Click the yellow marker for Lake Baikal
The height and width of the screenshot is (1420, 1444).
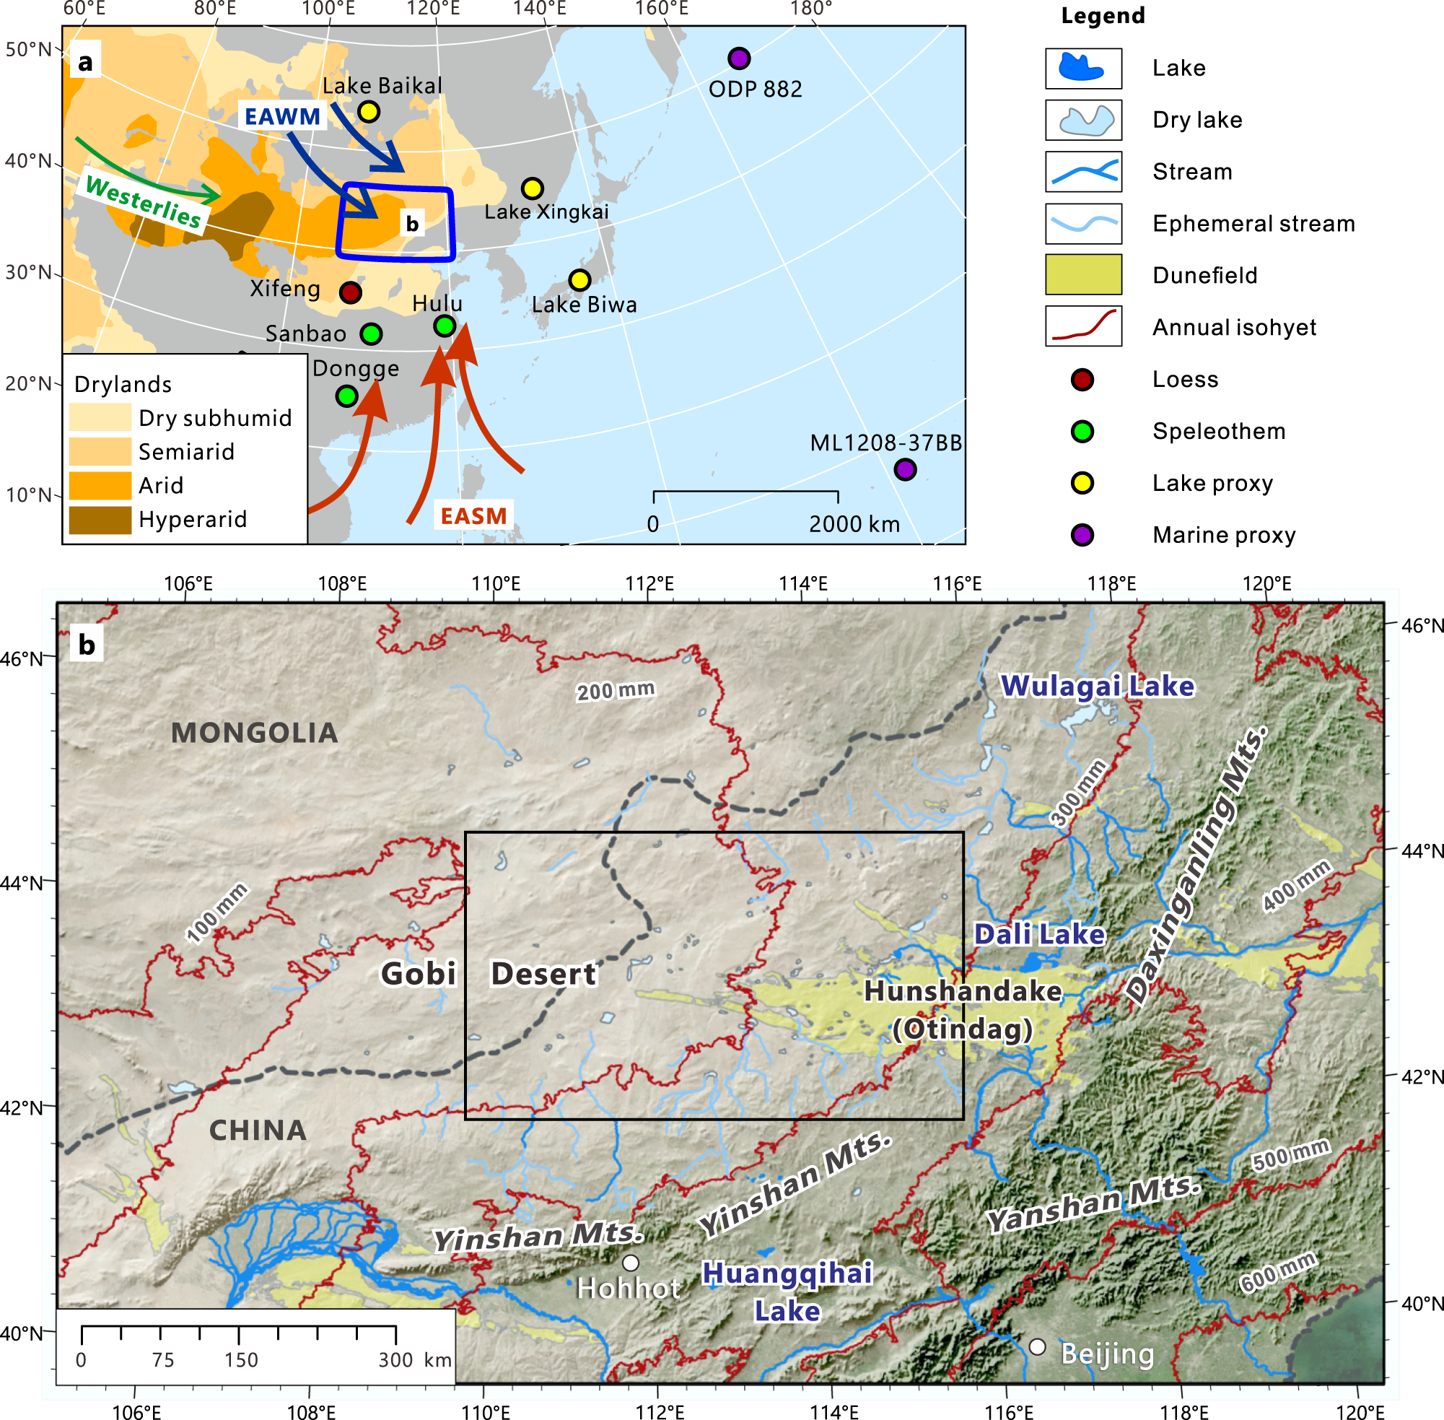pos(368,112)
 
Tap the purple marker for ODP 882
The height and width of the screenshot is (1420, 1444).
pos(738,58)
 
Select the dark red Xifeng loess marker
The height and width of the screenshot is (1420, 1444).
pos(351,292)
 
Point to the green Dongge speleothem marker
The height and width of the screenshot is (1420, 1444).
pos(346,396)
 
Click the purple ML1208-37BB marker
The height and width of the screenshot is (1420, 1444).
pos(904,470)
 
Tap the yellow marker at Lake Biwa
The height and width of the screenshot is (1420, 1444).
pos(579,280)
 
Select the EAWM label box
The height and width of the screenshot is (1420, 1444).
pos(283,116)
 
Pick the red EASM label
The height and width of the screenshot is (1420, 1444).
pos(473,516)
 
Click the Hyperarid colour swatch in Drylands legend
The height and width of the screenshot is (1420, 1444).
pos(100,520)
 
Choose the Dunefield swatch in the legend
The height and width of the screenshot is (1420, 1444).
pos(1082,275)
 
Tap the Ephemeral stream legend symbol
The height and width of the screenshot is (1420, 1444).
pos(1082,223)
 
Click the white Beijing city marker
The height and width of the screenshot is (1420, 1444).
pos(1037,1347)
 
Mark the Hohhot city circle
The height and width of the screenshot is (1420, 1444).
pos(631,1263)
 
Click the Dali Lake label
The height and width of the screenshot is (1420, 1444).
pos(1039,934)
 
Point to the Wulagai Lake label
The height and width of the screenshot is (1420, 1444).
pos(1097,686)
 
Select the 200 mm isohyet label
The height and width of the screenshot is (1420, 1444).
pos(615,691)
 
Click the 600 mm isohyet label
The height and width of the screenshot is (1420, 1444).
pos(1278,1272)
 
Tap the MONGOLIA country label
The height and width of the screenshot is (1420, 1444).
pos(254,733)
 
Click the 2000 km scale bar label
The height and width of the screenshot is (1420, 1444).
pos(854,524)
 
